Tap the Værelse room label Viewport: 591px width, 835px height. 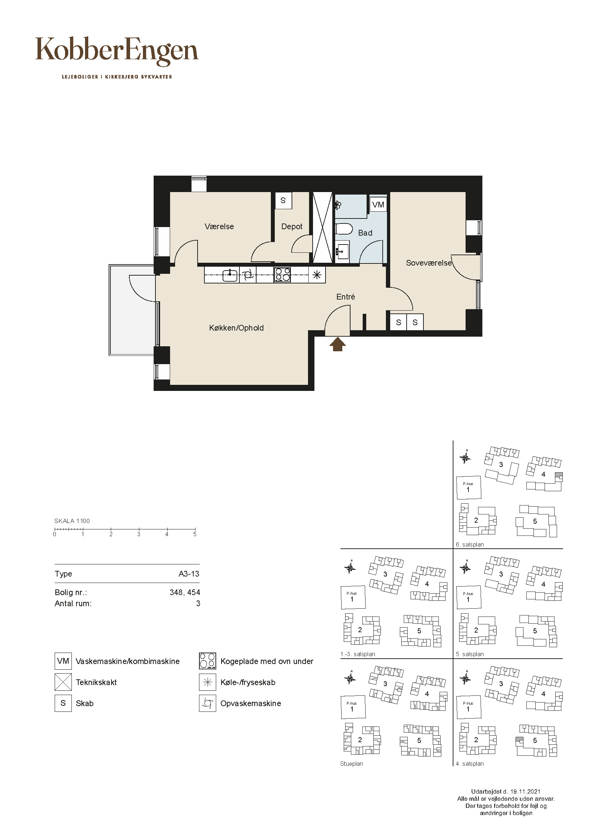pyautogui.click(x=219, y=227)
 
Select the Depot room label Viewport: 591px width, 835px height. pyautogui.click(x=292, y=227)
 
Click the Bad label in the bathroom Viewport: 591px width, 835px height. pyautogui.click(x=365, y=233)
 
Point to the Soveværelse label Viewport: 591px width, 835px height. pyautogui.click(x=429, y=263)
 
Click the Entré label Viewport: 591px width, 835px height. pyautogui.click(x=346, y=297)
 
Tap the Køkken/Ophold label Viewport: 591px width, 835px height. pyautogui.click(x=236, y=328)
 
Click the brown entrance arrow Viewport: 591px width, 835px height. pyautogui.click(x=338, y=344)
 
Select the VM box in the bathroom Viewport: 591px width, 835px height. pyautogui.click(x=378, y=205)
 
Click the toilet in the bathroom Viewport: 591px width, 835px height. pyautogui.click(x=343, y=230)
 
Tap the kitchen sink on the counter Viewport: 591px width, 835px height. pyautogui.click(x=230, y=275)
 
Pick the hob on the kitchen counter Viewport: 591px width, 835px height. pyautogui.click(x=282, y=275)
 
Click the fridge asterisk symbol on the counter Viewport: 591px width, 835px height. pyautogui.click(x=317, y=275)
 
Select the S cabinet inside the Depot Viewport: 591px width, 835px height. pyautogui.click(x=283, y=200)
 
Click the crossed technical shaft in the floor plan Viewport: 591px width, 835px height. pyautogui.click(x=322, y=227)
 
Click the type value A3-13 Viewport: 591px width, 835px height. pyautogui.click(x=189, y=574)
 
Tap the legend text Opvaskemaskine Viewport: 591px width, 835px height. pyautogui.click(x=251, y=703)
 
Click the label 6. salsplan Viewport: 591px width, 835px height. pyautogui.click(x=470, y=544)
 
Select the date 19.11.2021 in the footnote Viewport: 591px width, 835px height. pyautogui.click(x=525, y=791)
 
